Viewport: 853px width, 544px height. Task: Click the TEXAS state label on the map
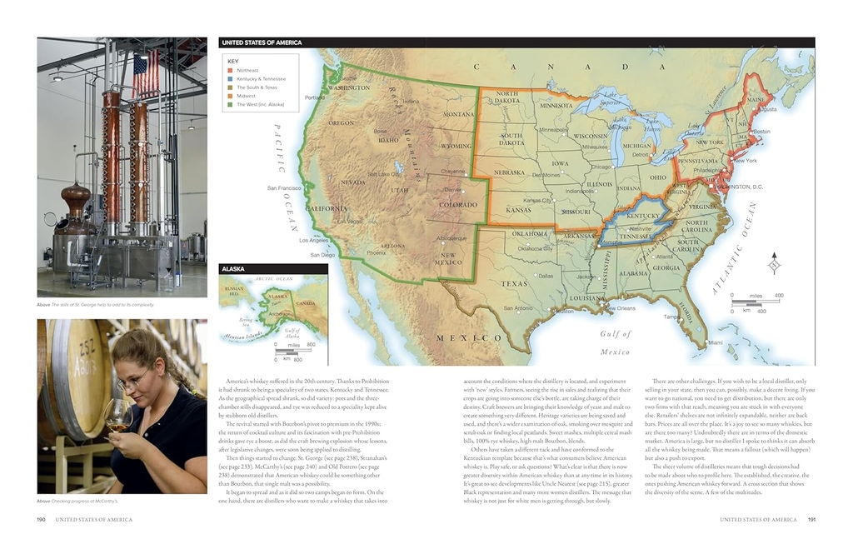(514, 283)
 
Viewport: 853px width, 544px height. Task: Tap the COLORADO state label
(457, 205)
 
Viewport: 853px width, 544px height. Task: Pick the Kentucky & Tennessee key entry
(261, 79)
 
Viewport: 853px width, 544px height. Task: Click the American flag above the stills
(146, 72)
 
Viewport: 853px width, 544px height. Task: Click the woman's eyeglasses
(133, 381)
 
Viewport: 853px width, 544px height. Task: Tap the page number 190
(41, 519)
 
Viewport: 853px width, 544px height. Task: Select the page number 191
(811, 519)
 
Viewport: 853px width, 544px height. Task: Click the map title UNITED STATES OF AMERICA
(262, 42)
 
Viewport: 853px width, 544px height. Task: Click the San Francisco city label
(284, 188)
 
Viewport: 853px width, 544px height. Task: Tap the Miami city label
(716, 342)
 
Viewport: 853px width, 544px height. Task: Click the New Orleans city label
(620, 308)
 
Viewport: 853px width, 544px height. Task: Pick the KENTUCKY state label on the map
(642, 216)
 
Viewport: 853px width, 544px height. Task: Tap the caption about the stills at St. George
(96, 305)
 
